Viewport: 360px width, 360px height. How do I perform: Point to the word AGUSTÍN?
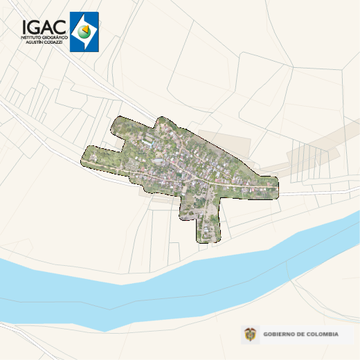(34, 42)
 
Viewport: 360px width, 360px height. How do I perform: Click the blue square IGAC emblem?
(84, 32)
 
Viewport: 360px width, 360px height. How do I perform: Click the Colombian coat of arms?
(249, 335)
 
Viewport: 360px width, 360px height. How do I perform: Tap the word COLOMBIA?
(323, 335)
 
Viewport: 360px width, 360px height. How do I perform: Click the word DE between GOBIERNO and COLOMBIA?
(301, 335)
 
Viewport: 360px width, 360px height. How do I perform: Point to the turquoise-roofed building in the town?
(159, 161)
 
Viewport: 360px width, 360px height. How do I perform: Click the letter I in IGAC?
(24, 26)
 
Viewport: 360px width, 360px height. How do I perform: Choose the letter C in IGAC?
(60, 26)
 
